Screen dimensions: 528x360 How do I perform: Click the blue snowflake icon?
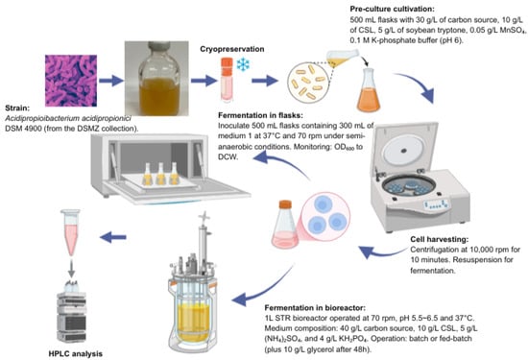(x=243, y=64)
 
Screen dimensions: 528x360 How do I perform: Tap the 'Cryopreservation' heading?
(x=232, y=49)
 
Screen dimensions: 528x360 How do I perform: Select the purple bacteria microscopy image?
(x=71, y=81)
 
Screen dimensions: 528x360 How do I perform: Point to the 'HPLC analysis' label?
(x=76, y=353)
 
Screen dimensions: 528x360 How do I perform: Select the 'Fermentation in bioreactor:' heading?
(x=315, y=308)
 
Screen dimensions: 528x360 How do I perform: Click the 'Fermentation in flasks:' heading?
(x=260, y=115)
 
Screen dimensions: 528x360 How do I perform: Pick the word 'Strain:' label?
(x=17, y=108)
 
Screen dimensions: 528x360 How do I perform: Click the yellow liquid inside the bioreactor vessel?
(x=194, y=322)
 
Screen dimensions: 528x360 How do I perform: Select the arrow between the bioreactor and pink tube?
(x=113, y=237)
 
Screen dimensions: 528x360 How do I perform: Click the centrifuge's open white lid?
(x=404, y=147)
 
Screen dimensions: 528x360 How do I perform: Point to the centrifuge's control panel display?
(x=437, y=204)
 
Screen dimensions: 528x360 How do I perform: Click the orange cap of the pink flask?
(x=285, y=204)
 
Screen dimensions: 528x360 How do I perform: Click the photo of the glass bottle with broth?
(x=156, y=79)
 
